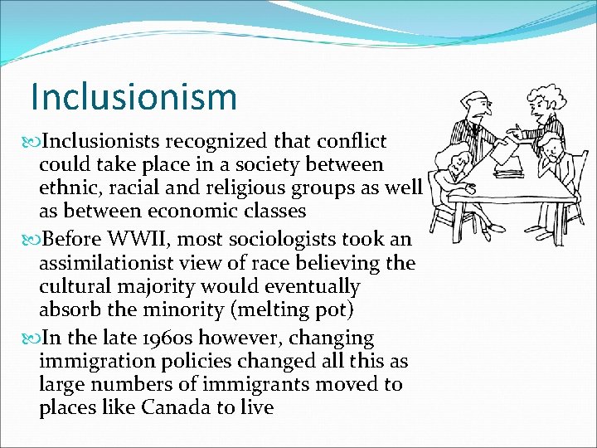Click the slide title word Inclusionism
tap(133, 96)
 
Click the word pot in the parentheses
tap(334, 310)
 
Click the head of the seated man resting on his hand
tap(548, 149)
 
